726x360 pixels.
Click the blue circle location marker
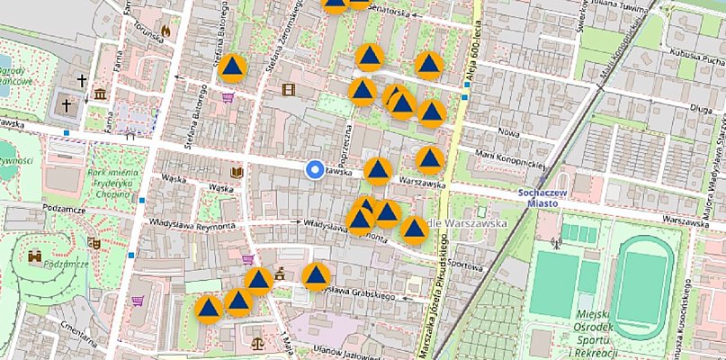point(314,170)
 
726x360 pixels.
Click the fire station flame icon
point(166,31)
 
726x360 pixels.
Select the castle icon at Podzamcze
point(37,256)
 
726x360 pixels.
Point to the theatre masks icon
point(94,241)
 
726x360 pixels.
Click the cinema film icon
point(288,88)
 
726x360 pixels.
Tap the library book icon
point(238,172)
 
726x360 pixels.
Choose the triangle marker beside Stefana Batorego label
point(233,68)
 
